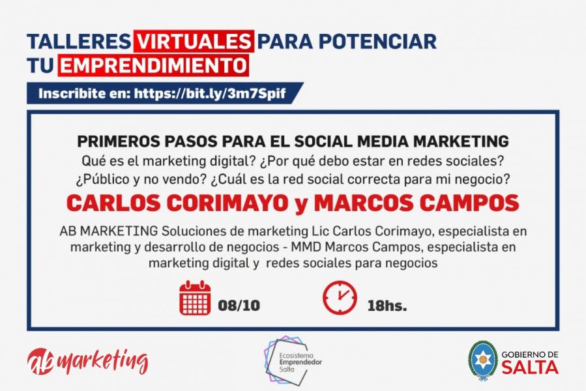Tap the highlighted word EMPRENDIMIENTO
(x=153, y=65)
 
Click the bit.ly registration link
(x=210, y=93)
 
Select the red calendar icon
(x=195, y=298)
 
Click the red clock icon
(x=340, y=298)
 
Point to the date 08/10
(x=239, y=306)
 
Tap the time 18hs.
(x=387, y=306)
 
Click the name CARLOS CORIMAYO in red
(x=177, y=203)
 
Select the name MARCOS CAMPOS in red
(x=417, y=203)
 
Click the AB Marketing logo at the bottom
(x=88, y=362)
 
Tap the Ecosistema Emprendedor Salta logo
(x=293, y=360)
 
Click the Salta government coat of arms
(x=483, y=360)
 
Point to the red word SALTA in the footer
(x=530, y=368)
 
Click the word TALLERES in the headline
(x=79, y=41)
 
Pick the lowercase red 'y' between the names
(x=301, y=205)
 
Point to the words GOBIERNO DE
(x=530, y=354)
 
